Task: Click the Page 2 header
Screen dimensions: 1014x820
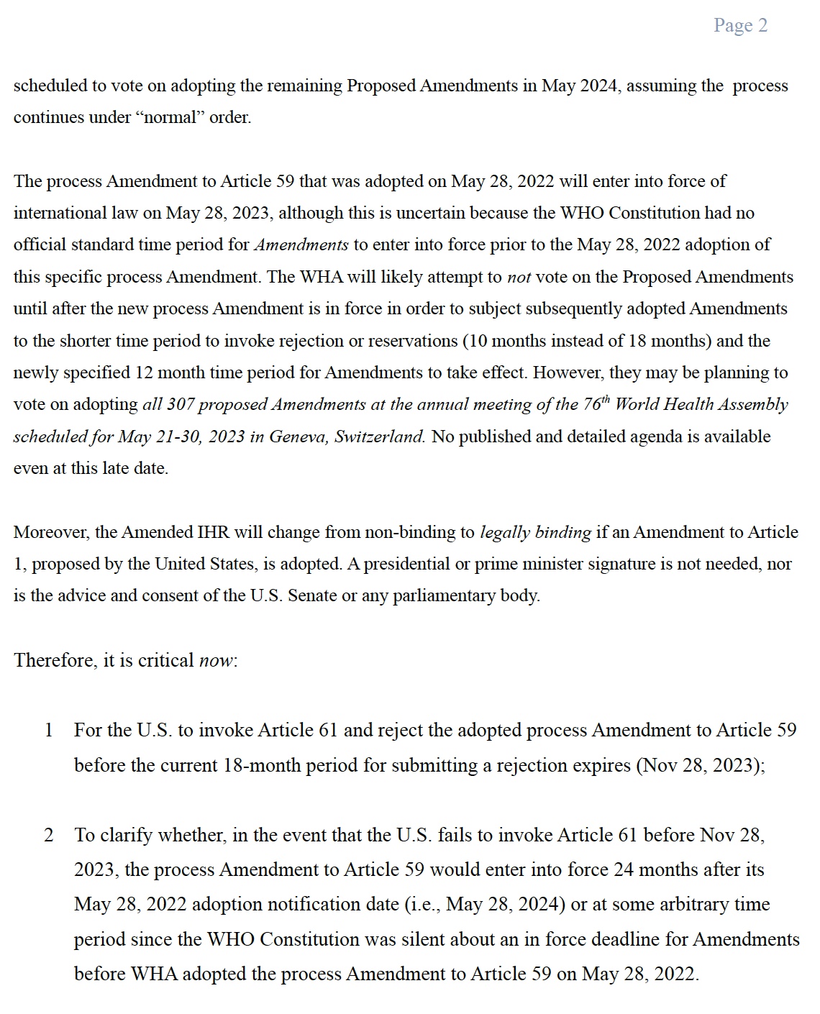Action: click(740, 26)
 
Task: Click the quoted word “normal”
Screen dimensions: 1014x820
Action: click(170, 118)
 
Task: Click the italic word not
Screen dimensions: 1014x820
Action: click(519, 278)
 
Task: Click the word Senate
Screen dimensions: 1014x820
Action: click(312, 595)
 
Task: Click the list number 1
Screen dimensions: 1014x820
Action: click(49, 731)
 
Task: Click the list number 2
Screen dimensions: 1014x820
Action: click(49, 836)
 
